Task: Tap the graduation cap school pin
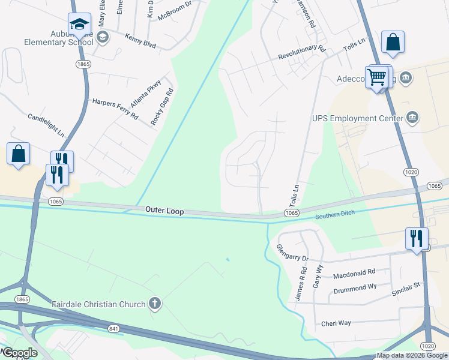tap(79, 25)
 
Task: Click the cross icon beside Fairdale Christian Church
tap(155, 304)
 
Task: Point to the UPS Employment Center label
tap(357, 119)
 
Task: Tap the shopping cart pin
tap(376, 77)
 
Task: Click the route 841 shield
tap(114, 329)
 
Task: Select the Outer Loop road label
tap(164, 211)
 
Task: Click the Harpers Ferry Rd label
tap(115, 109)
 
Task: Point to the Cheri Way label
tap(336, 323)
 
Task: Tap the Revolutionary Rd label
tap(301, 53)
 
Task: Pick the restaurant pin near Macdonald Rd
tap(417, 238)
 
